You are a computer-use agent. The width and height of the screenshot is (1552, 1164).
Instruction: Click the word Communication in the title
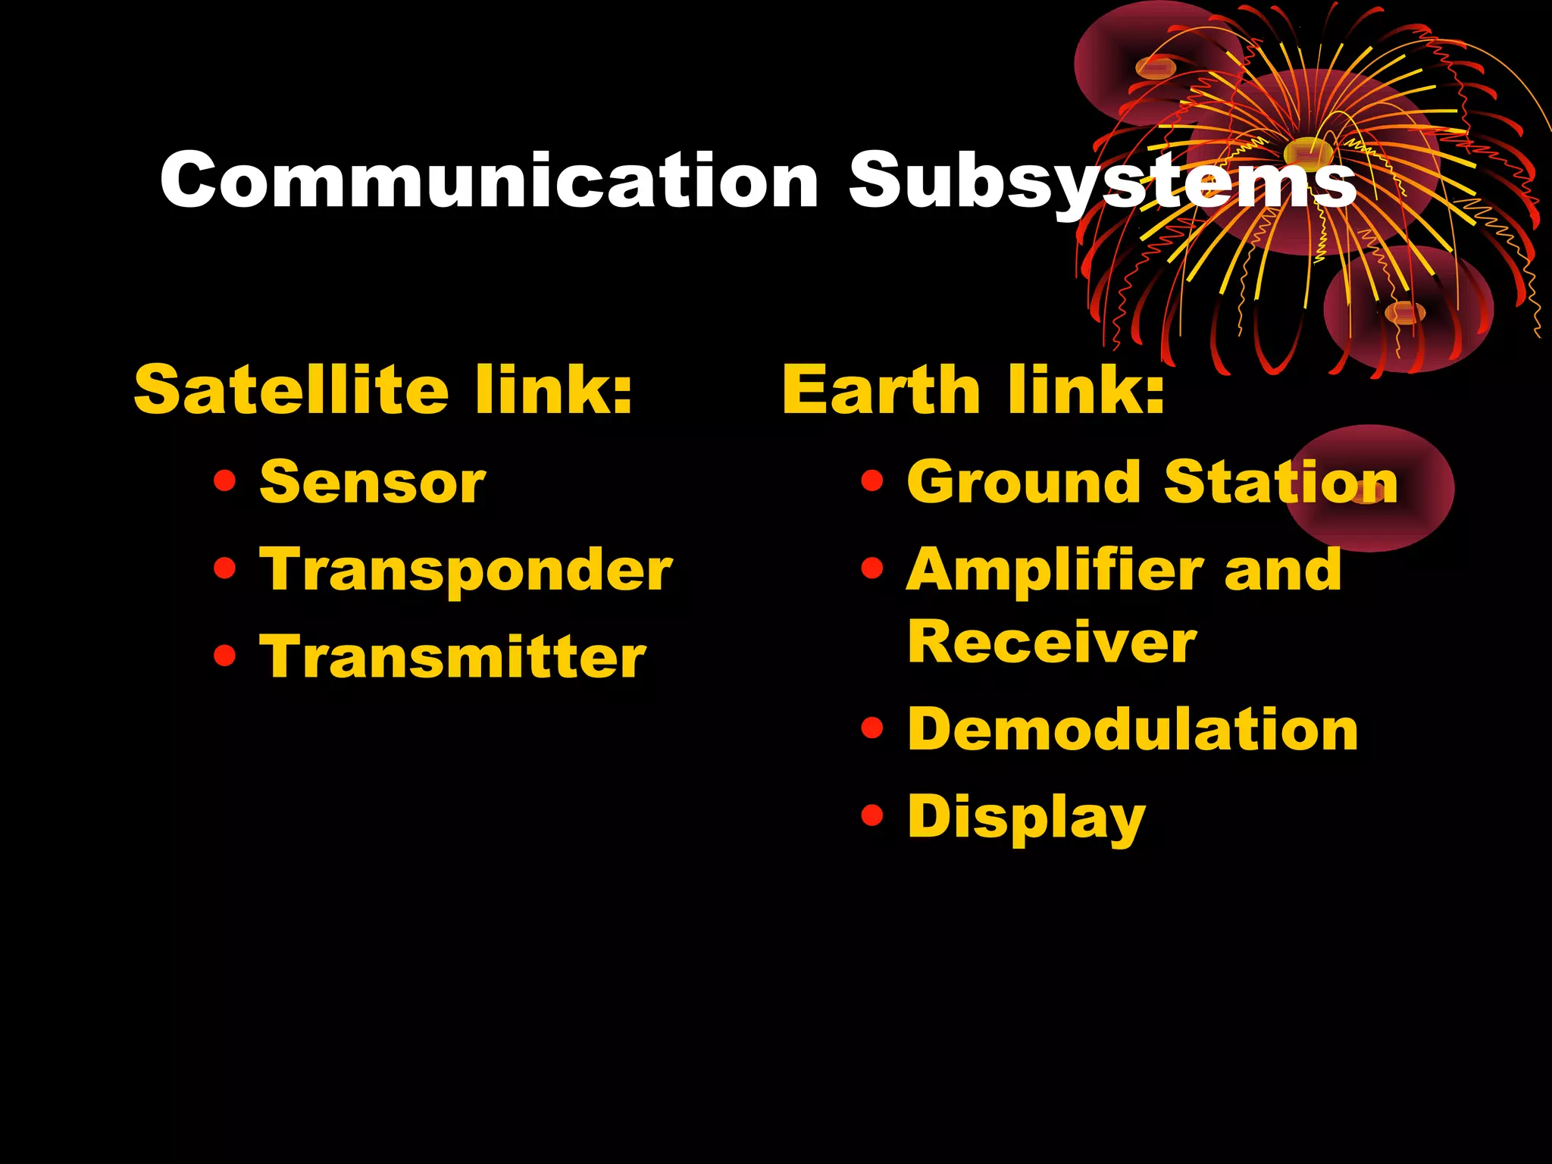pos(489,180)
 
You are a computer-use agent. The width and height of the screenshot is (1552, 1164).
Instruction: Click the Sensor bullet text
pos(372,482)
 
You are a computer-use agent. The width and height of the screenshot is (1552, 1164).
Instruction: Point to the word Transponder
pos(465,570)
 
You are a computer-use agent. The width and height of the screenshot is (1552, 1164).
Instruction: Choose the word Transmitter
pos(452,656)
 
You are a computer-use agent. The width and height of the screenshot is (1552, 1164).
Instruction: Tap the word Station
pos(1281,482)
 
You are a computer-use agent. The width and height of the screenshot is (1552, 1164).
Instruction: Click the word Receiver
pos(1052,642)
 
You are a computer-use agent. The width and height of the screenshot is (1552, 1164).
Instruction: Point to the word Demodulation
pos(1133,729)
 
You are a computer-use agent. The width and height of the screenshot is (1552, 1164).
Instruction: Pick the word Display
pos(1026,817)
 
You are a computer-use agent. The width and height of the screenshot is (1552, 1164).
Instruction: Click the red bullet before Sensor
pos(224,480)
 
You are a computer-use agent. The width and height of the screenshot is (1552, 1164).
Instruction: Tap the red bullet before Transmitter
pos(224,655)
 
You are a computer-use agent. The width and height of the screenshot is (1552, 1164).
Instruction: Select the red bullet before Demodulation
pos(872,727)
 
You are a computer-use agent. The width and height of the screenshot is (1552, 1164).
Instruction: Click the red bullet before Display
pos(872,815)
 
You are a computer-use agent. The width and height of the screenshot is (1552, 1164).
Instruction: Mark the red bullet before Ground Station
pos(872,480)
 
